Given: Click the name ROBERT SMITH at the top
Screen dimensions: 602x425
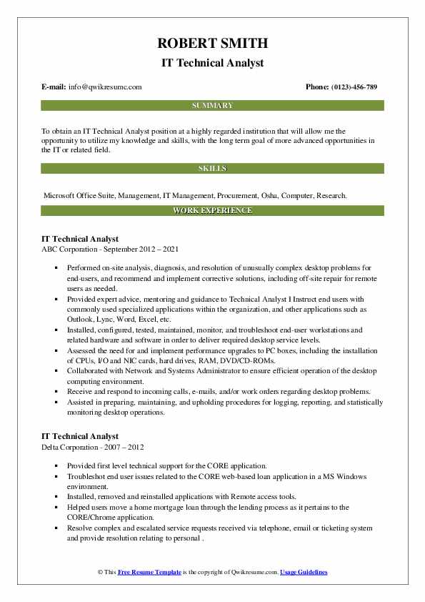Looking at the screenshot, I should click(x=212, y=44).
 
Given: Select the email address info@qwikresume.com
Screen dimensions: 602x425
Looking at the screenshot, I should click(x=105, y=87).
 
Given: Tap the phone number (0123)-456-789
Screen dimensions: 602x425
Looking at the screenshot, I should click(x=353, y=87).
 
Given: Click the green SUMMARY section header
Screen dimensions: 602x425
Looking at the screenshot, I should click(x=212, y=105).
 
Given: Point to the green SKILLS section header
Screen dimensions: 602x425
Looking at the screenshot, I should click(x=212, y=169).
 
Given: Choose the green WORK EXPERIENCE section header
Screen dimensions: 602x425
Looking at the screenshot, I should click(x=212, y=211).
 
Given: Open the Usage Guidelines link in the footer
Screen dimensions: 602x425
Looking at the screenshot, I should click(x=304, y=573).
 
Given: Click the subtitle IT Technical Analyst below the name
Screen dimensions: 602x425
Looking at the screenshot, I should click(x=212, y=63).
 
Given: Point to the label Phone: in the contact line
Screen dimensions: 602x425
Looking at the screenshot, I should click(x=318, y=87).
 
